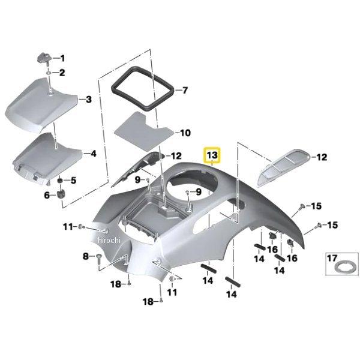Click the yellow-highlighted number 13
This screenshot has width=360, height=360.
212,155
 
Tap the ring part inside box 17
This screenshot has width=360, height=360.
340,265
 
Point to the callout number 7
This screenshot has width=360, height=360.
184,91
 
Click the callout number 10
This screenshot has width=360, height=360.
185,132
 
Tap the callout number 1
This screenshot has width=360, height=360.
62,59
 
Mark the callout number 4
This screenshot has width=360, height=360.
92,154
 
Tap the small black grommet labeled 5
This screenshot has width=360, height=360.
61,181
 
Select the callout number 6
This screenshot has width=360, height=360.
46,194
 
